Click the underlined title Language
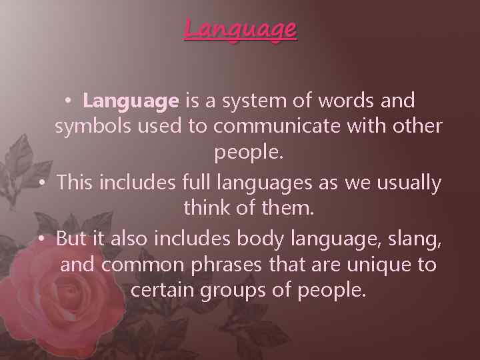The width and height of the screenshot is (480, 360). point(240,29)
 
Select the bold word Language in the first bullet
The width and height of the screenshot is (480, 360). point(131,101)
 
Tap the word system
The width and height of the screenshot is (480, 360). point(247,101)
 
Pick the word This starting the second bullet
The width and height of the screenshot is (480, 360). point(76,182)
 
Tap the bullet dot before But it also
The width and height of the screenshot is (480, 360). point(42,238)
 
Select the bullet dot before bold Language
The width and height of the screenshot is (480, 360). point(69,102)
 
